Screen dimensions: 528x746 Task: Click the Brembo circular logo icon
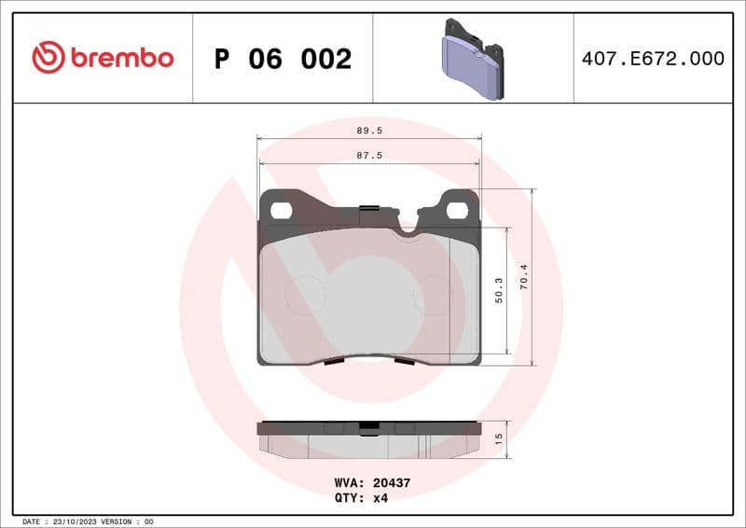click(48, 58)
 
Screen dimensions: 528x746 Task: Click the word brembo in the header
click(120, 58)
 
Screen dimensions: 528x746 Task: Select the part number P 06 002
click(283, 59)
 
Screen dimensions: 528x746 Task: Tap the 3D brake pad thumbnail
click(472, 59)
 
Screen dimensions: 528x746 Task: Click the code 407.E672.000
click(653, 59)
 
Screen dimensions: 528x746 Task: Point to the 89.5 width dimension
click(369, 132)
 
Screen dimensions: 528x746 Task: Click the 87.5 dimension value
click(369, 156)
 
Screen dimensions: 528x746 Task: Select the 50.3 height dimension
click(499, 289)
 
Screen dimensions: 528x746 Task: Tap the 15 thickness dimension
click(499, 438)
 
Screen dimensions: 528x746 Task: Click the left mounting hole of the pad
click(281, 210)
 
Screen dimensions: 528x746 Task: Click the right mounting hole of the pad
click(456, 210)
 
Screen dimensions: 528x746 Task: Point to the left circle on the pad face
click(305, 295)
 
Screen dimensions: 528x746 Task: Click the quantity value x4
click(380, 498)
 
